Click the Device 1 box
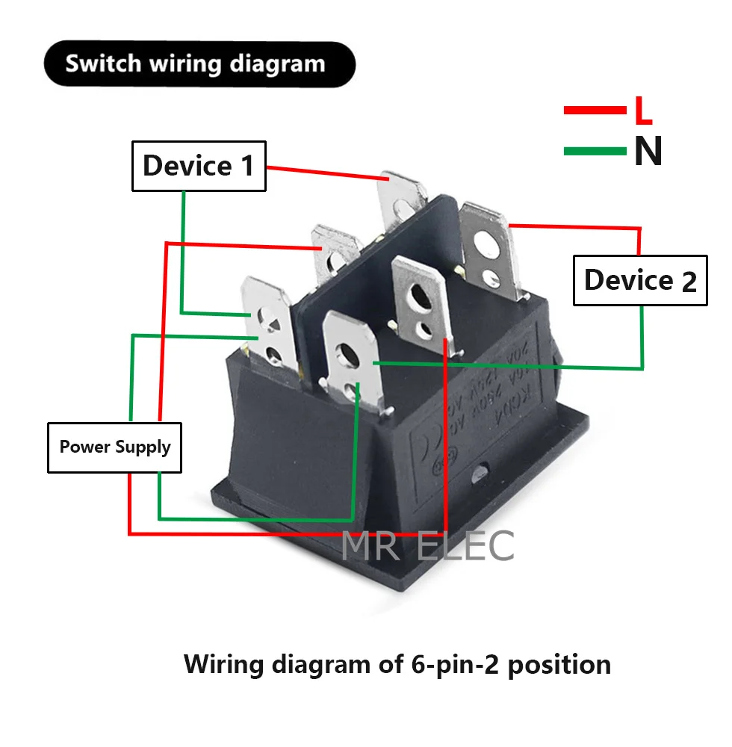[199, 165]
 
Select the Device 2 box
[639, 280]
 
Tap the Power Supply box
[114, 447]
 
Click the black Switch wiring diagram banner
[199, 63]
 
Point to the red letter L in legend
[643, 111]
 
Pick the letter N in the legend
[648, 152]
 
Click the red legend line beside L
[595, 111]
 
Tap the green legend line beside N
[595, 152]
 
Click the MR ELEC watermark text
[427, 546]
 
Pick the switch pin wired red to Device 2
[486, 239]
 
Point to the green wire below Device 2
[642, 336]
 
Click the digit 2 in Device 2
[689, 282]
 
